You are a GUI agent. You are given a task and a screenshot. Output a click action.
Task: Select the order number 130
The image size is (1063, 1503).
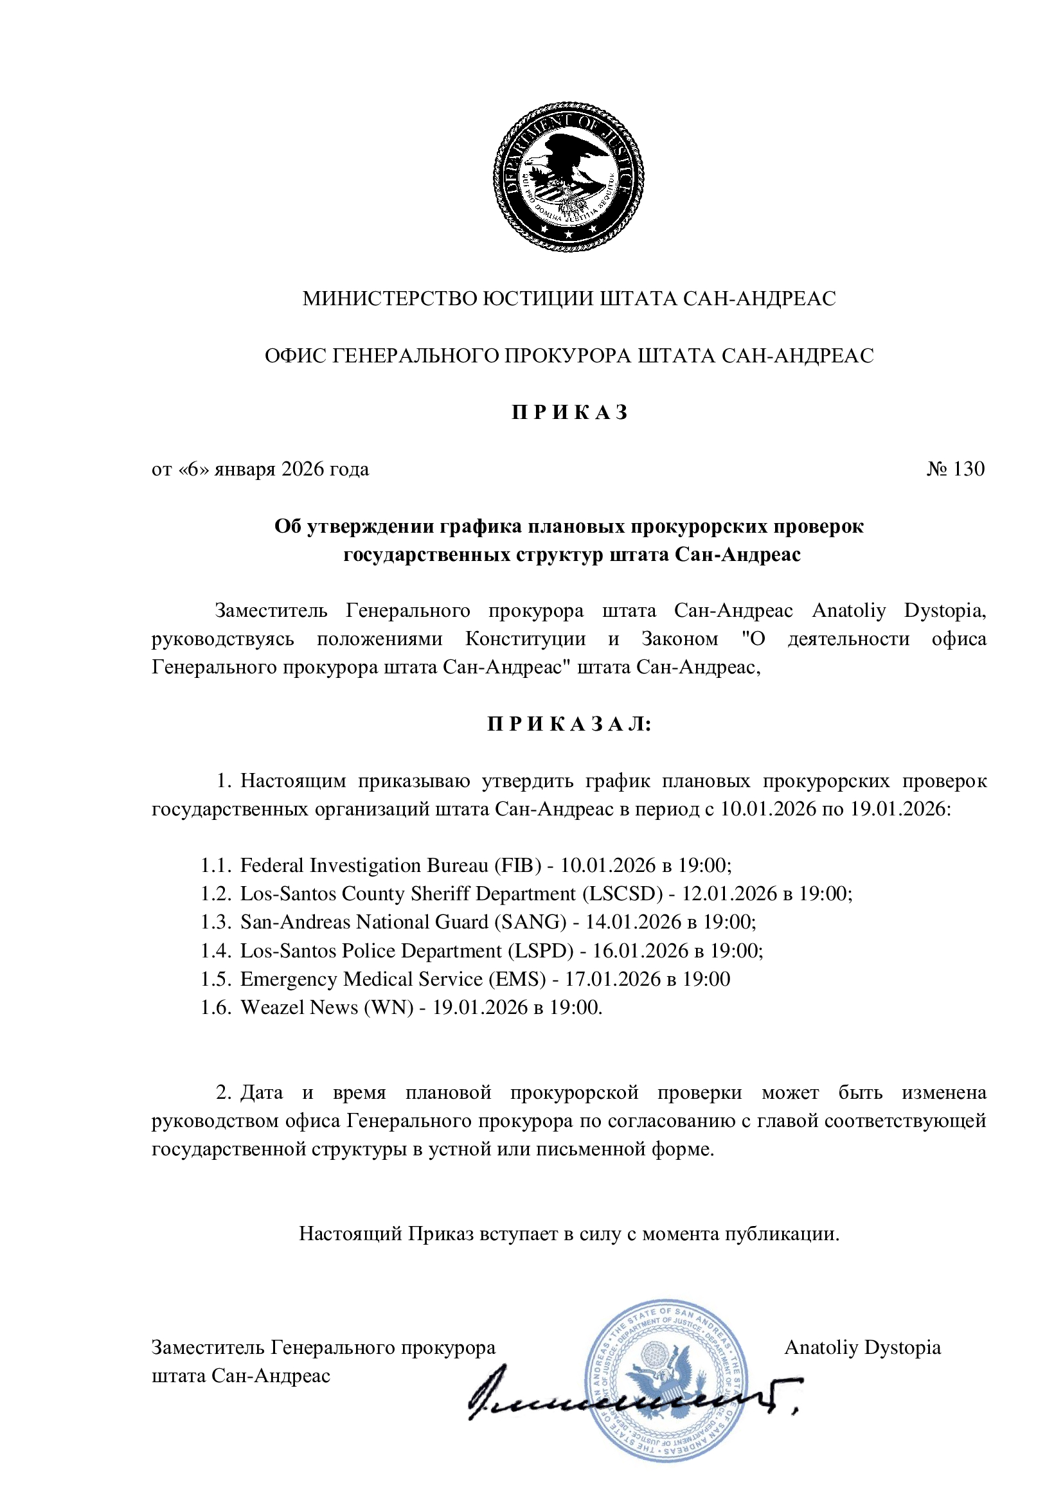click(968, 469)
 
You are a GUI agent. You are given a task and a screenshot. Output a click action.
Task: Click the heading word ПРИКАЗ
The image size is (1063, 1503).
click(569, 413)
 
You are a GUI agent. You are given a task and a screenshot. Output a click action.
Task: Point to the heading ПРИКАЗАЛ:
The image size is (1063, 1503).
click(569, 724)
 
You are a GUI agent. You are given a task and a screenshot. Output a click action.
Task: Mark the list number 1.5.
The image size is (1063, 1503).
click(215, 979)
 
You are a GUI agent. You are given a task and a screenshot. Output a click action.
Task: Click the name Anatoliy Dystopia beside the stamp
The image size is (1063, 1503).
click(862, 1347)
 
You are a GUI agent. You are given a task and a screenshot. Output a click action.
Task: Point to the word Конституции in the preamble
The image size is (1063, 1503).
click(525, 639)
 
